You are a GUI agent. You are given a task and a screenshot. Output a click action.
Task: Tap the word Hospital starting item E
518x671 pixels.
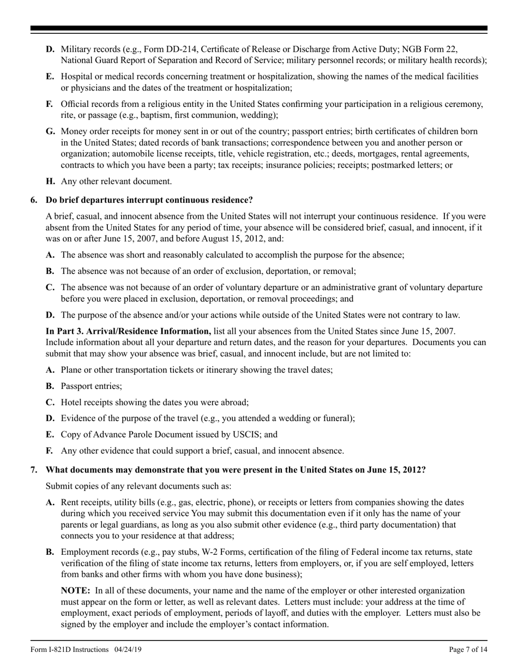[x=77, y=76]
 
